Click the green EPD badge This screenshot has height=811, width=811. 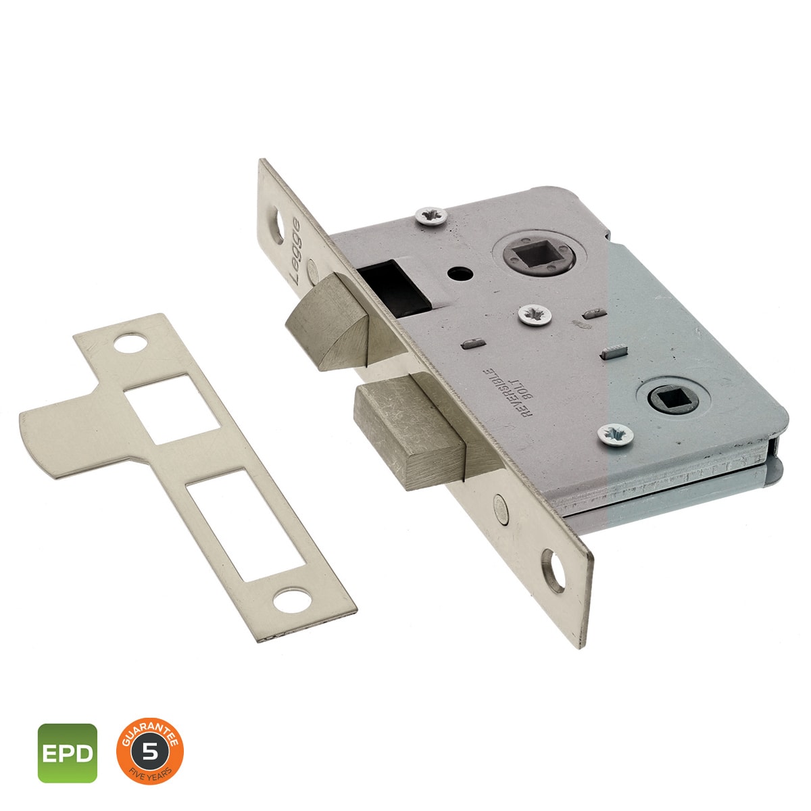68,741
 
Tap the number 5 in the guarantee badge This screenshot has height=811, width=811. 150,739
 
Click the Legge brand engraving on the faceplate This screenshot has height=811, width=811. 296,251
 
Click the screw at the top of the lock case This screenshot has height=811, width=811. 431,216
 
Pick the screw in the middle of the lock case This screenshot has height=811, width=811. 535,315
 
